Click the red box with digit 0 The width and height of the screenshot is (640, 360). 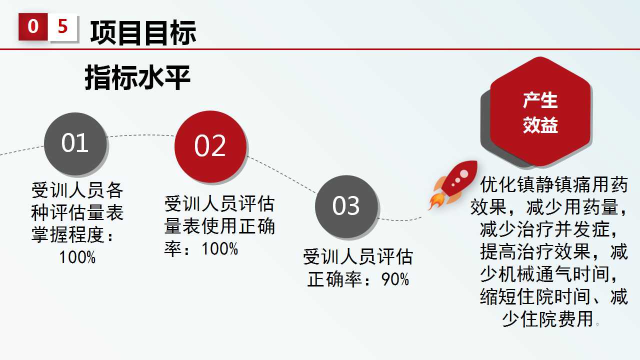[x=33, y=26]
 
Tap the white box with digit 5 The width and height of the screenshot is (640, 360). [x=63, y=27]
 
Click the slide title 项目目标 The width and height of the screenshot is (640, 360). [x=143, y=32]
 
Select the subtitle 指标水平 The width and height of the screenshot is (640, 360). [x=137, y=77]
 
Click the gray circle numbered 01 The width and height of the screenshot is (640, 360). [x=75, y=143]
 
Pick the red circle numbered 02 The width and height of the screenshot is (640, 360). [x=210, y=146]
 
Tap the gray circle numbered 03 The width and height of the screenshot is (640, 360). [x=346, y=206]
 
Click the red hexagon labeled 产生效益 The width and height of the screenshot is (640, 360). [x=540, y=111]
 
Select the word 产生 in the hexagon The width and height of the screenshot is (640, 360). [x=540, y=100]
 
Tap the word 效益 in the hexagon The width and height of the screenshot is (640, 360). [x=540, y=125]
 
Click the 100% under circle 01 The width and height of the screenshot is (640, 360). [x=77, y=257]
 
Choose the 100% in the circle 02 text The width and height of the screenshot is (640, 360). [x=219, y=248]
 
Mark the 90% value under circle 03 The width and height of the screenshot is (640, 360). [x=395, y=279]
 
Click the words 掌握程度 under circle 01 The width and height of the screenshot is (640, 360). [x=68, y=235]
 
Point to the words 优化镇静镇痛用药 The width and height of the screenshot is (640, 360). [x=554, y=185]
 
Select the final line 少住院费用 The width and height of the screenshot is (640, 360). [x=547, y=319]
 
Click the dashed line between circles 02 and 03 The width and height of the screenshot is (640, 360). [x=282, y=175]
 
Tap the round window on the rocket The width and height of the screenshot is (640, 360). [x=464, y=173]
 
